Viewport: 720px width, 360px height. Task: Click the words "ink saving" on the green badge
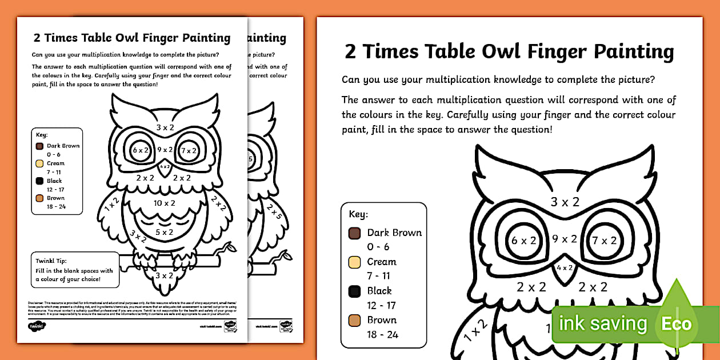pyautogui.click(x=603, y=324)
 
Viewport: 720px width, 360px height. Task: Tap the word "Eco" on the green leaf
pyautogui.click(x=678, y=324)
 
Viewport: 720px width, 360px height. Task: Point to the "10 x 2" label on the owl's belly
pyautogui.click(x=165, y=203)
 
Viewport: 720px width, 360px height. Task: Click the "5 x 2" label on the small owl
pyautogui.click(x=165, y=232)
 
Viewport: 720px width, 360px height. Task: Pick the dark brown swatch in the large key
pyautogui.click(x=354, y=233)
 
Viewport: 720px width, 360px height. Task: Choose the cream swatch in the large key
pyautogui.click(x=354, y=262)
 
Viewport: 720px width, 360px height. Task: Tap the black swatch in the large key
pyautogui.click(x=354, y=291)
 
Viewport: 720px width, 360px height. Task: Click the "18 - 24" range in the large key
pyautogui.click(x=383, y=334)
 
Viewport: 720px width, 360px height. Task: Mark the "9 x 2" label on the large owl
pyautogui.click(x=565, y=239)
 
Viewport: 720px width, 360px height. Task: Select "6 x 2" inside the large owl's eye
pyautogui.click(x=522, y=241)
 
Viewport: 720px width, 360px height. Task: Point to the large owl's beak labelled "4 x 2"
pyautogui.click(x=565, y=269)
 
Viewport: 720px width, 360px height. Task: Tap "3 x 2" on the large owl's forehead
pyautogui.click(x=565, y=201)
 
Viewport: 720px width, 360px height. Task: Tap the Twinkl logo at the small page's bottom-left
pyautogui.click(x=37, y=326)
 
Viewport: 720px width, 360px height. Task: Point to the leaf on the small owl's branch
pyautogui.click(x=230, y=247)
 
